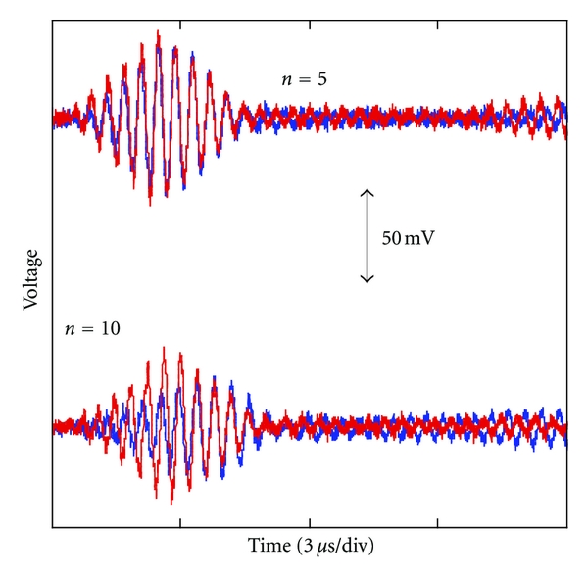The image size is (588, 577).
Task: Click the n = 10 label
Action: [x=92, y=329]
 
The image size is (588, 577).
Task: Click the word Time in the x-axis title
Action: [x=268, y=544]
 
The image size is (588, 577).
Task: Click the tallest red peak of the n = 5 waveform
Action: [x=157, y=33]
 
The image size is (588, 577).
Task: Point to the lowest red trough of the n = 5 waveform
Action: [x=149, y=204]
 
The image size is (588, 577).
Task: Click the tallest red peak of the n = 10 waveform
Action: [x=164, y=348]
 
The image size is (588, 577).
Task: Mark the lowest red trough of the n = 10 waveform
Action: [x=171, y=503]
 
